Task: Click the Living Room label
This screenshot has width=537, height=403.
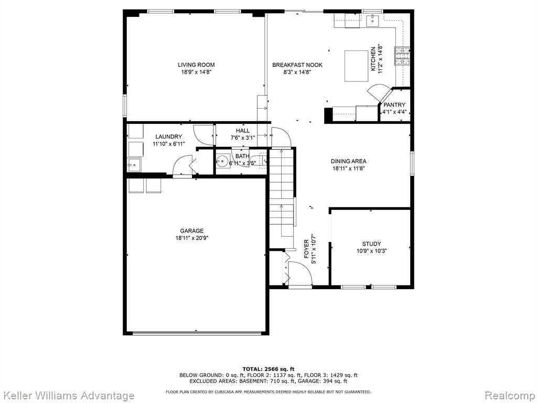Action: (x=196, y=65)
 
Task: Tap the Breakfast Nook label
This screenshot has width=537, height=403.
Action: (x=297, y=65)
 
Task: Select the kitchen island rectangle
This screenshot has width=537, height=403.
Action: (x=356, y=66)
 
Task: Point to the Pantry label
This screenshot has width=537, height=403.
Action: (x=394, y=105)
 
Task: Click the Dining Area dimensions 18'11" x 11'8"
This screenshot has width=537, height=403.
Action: (x=349, y=168)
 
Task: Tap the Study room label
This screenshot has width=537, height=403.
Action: (x=372, y=243)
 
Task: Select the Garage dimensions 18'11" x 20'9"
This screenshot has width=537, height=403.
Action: (x=192, y=238)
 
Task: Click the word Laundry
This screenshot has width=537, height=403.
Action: (x=168, y=137)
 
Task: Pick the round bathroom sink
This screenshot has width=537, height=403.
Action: (x=223, y=161)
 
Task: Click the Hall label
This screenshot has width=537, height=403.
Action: (x=243, y=131)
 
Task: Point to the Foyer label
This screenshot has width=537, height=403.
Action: (x=306, y=249)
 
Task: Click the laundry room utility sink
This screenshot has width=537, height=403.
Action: (x=135, y=165)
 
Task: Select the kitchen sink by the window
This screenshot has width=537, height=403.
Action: (x=372, y=21)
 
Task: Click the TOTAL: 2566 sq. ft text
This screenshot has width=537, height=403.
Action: (x=268, y=369)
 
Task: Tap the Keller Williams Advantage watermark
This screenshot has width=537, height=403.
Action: (x=67, y=396)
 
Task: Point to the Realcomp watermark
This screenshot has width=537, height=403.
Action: (x=510, y=396)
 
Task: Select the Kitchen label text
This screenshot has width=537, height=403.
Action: (x=373, y=59)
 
